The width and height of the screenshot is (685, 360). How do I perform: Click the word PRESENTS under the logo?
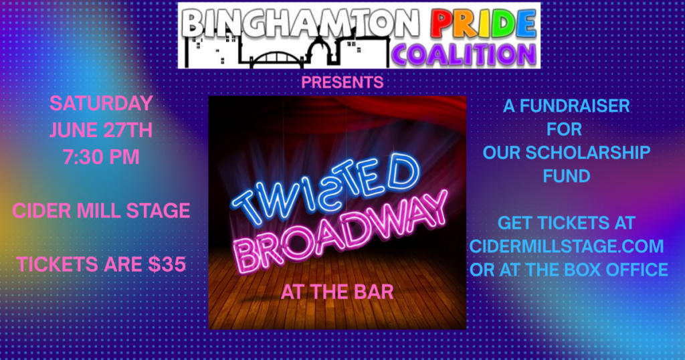point(342,82)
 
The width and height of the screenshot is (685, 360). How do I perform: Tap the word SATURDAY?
point(101,104)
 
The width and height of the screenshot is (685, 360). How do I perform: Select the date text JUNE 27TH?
point(101,130)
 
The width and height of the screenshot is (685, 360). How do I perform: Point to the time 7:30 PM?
point(101,157)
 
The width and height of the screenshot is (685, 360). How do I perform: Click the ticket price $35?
point(167,264)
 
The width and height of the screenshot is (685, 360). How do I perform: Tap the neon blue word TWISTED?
point(326,189)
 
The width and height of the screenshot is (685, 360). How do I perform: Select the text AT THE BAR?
point(337,292)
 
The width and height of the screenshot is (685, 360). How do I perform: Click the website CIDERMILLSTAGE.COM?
point(567,246)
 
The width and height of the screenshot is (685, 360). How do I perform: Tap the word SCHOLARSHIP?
point(587,153)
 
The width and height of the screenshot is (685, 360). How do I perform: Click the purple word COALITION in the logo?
point(464,56)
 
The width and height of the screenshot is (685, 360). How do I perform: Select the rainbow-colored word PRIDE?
point(483,23)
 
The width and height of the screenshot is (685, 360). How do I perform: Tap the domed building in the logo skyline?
point(321,52)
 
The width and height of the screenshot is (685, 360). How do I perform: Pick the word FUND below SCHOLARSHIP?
point(567,177)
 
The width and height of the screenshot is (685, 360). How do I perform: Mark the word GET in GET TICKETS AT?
point(515,223)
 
